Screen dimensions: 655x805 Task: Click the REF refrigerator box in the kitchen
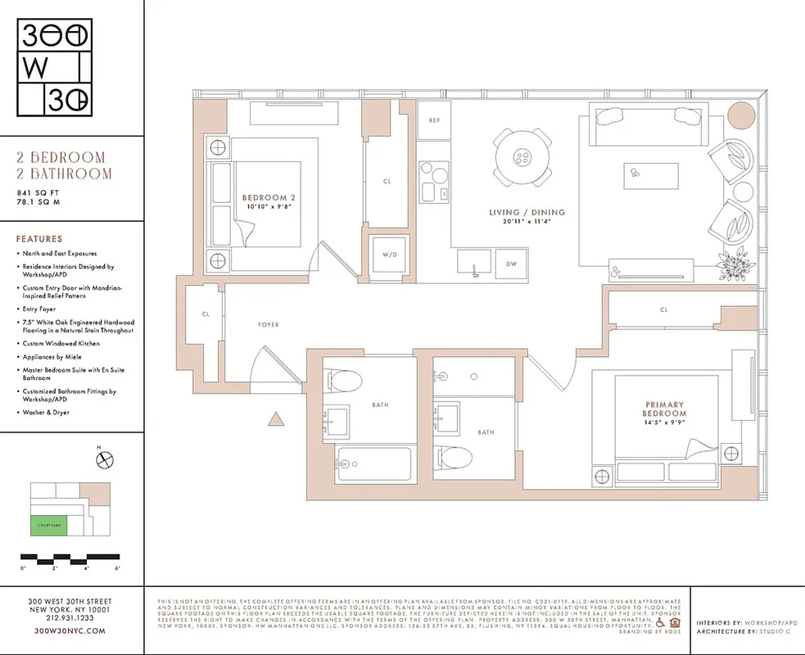pyautogui.click(x=435, y=120)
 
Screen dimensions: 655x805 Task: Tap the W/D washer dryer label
pyautogui.click(x=388, y=254)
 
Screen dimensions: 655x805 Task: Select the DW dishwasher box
pyautogui.click(x=511, y=264)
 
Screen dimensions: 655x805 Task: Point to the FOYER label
pyautogui.click(x=268, y=325)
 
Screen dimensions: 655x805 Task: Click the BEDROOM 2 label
pyautogui.click(x=269, y=197)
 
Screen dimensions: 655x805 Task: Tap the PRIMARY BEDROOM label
pyautogui.click(x=664, y=409)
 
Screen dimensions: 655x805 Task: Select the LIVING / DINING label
pyautogui.click(x=527, y=213)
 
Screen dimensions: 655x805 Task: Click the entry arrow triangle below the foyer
pyautogui.click(x=277, y=420)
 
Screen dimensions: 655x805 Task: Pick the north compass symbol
pyautogui.click(x=103, y=461)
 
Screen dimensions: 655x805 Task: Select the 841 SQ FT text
pyautogui.click(x=38, y=193)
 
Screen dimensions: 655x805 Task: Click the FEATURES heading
pyautogui.click(x=38, y=239)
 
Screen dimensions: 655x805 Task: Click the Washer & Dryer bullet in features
pyautogui.click(x=46, y=413)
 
